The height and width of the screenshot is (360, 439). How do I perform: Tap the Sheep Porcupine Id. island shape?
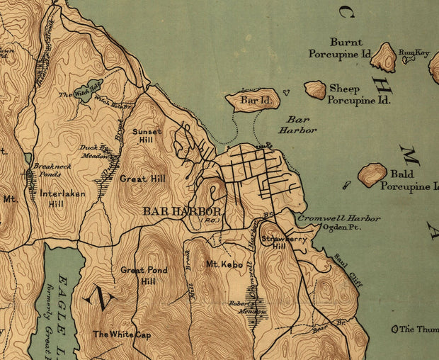pyautogui.click(x=315, y=89)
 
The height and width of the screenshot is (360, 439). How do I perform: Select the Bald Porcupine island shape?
pyautogui.click(x=372, y=174)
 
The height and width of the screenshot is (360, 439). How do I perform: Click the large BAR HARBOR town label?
pyautogui.click(x=182, y=211)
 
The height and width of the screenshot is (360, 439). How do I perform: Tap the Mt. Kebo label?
pyautogui.click(x=224, y=265)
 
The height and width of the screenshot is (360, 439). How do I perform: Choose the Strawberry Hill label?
pyautogui.click(x=274, y=242)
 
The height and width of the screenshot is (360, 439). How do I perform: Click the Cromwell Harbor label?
pyautogui.click(x=338, y=218)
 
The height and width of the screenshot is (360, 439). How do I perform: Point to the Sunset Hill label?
pyautogui.click(x=148, y=135)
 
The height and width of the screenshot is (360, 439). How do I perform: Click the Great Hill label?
pyautogui.click(x=142, y=179)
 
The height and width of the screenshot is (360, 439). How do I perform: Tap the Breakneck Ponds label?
pyautogui.click(x=47, y=169)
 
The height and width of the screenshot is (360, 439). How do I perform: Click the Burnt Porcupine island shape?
pyautogui.click(x=384, y=57)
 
